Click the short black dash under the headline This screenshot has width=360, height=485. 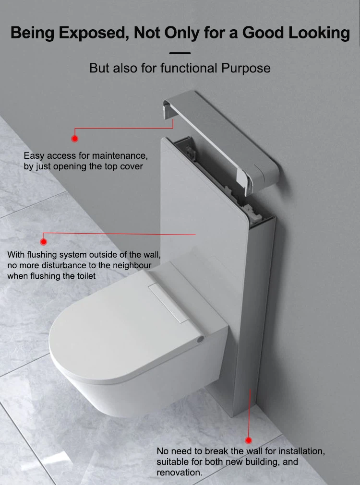(180, 53)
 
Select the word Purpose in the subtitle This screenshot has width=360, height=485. (246, 68)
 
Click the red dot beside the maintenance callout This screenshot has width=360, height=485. (74, 139)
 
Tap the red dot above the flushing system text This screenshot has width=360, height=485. (44, 242)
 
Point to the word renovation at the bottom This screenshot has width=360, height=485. (179, 473)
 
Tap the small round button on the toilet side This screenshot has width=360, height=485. (200, 338)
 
